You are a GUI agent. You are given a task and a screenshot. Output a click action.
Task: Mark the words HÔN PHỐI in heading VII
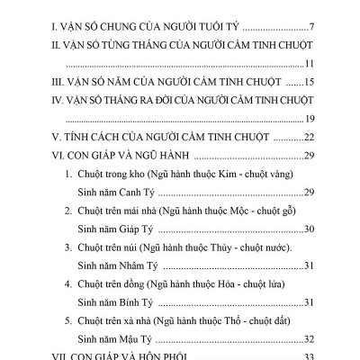(171, 355)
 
